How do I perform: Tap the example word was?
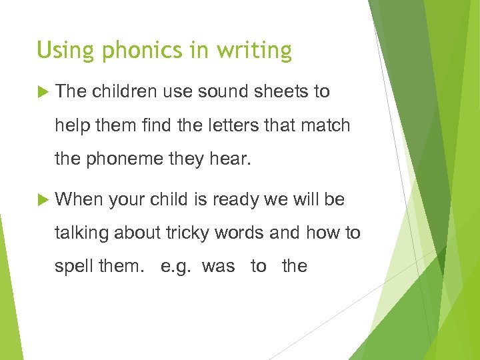[219, 267]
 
